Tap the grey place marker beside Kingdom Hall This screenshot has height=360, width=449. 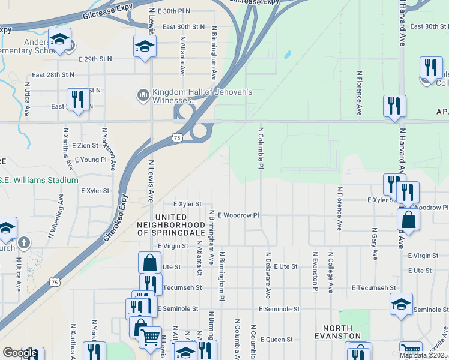143,95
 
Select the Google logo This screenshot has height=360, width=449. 20,353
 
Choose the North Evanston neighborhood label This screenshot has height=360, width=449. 342,332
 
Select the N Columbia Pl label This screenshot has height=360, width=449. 261,148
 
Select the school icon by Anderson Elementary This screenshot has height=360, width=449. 59,40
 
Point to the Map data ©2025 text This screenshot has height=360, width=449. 423,355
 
